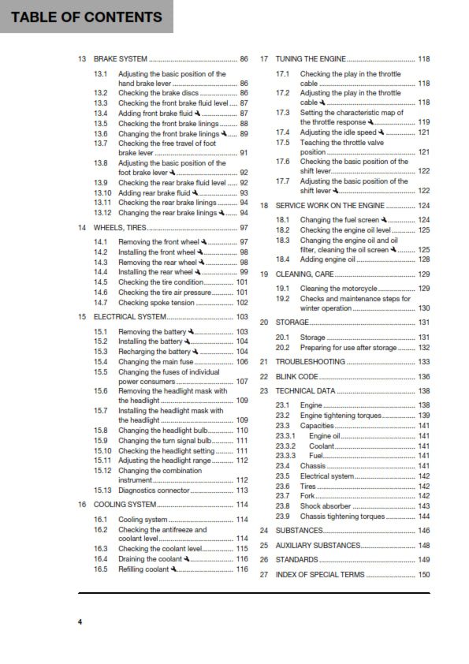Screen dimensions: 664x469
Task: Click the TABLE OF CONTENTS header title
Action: [87, 17]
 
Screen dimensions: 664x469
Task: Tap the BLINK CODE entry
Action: [297, 377]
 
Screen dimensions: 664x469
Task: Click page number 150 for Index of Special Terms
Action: [424, 575]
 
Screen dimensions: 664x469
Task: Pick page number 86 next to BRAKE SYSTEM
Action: [244, 59]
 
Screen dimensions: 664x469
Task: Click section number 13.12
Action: [102, 213]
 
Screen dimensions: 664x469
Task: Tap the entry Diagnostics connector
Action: [154, 491]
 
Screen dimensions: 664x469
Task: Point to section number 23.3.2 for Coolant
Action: [285, 446]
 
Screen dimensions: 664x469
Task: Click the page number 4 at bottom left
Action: [80, 622]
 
